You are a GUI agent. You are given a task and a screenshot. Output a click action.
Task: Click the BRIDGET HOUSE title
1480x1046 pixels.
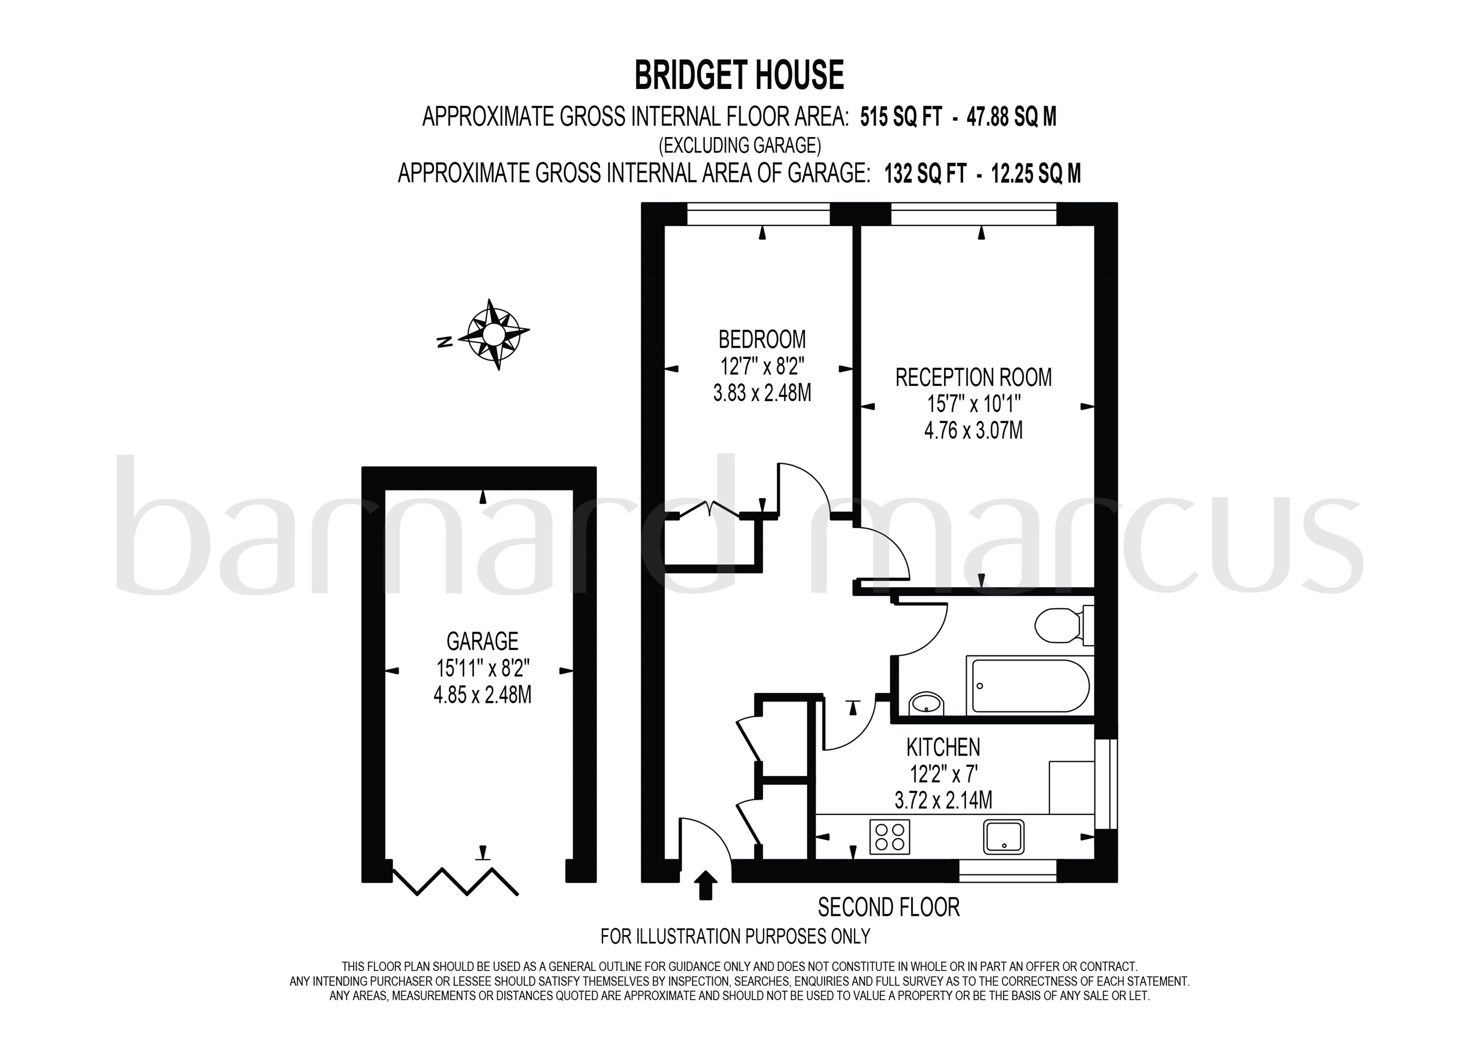click(x=739, y=75)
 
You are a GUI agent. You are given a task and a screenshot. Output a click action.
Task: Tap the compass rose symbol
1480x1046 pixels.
click(x=493, y=335)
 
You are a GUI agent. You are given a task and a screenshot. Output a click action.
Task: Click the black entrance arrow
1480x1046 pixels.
click(x=706, y=885)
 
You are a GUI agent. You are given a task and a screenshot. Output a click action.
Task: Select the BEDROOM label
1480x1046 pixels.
click(x=762, y=339)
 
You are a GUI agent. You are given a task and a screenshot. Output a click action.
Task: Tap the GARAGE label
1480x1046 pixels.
click(x=482, y=641)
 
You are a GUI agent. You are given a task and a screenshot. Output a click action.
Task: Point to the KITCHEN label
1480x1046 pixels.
click(x=943, y=748)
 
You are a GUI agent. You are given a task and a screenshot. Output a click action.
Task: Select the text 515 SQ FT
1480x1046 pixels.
click(x=901, y=117)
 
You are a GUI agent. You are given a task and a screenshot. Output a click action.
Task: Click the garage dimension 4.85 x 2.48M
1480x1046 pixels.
click(x=482, y=695)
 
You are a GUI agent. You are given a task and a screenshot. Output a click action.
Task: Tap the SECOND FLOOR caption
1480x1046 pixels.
click(x=889, y=907)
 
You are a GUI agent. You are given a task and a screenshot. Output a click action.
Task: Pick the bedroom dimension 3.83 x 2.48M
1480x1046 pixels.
click(x=762, y=392)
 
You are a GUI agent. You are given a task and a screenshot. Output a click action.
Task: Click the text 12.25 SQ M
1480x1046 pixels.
click(x=1035, y=173)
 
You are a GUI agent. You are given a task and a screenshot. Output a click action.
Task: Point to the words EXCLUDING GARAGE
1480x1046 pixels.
click(x=739, y=146)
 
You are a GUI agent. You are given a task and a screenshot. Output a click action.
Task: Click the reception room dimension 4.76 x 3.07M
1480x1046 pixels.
click(x=974, y=431)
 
